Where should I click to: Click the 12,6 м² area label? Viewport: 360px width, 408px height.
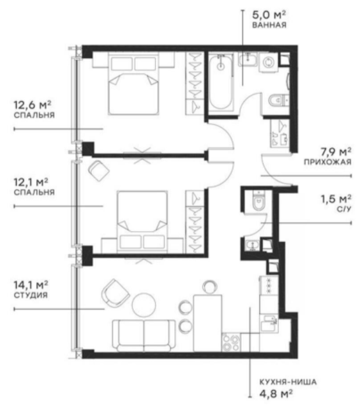(32, 104)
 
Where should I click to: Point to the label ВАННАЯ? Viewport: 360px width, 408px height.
(269, 26)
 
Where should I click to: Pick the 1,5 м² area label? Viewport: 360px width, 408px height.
(336, 197)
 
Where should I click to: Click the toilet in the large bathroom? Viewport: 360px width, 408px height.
(279, 102)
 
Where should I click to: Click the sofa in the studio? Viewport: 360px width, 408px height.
(144, 331)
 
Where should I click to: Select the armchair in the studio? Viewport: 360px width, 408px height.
(116, 291)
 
